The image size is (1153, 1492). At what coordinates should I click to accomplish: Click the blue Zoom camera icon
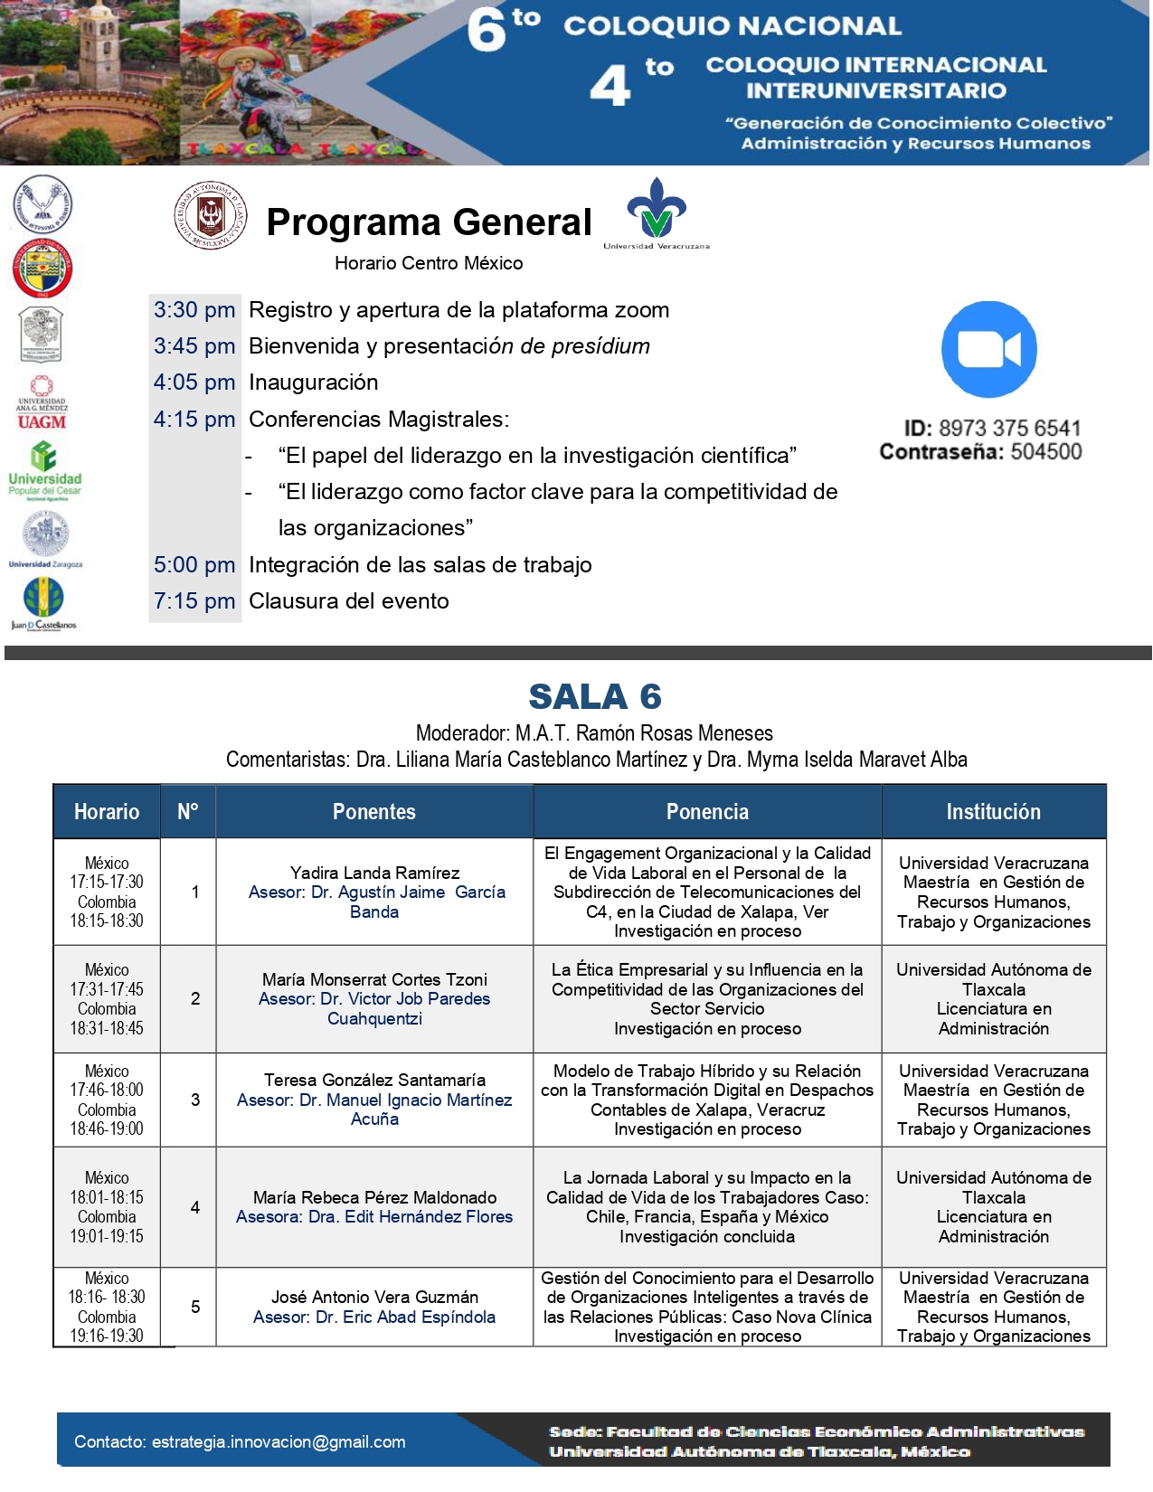tap(988, 349)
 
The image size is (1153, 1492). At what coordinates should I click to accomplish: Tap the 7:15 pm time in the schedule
tap(194, 601)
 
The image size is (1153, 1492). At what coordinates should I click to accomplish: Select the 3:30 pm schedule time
tap(194, 310)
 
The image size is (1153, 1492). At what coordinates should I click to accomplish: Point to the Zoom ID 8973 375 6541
tap(1009, 428)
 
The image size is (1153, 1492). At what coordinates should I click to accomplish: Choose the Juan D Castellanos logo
tap(43, 603)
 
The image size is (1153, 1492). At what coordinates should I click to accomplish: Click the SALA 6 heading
tap(595, 697)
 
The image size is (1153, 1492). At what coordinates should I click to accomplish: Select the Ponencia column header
tap(707, 812)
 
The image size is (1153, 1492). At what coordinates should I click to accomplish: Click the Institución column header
tap(993, 812)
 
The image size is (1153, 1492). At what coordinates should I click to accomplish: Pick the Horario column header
tap(107, 812)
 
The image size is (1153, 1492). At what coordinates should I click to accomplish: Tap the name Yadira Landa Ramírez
tap(374, 873)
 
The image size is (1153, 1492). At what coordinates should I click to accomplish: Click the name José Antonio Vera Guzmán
tap(374, 1297)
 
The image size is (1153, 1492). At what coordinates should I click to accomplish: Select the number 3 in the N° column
tap(195, 1100)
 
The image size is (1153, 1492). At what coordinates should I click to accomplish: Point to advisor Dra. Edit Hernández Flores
tap(411, 1217)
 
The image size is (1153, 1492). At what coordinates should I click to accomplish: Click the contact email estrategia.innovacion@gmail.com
tap(279, 1441)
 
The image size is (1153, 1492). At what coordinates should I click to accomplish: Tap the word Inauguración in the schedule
tap(314, 382)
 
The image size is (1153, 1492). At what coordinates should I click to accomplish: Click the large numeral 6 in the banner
tap(487, 29)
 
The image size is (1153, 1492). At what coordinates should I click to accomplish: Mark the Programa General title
tap(429, 222)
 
